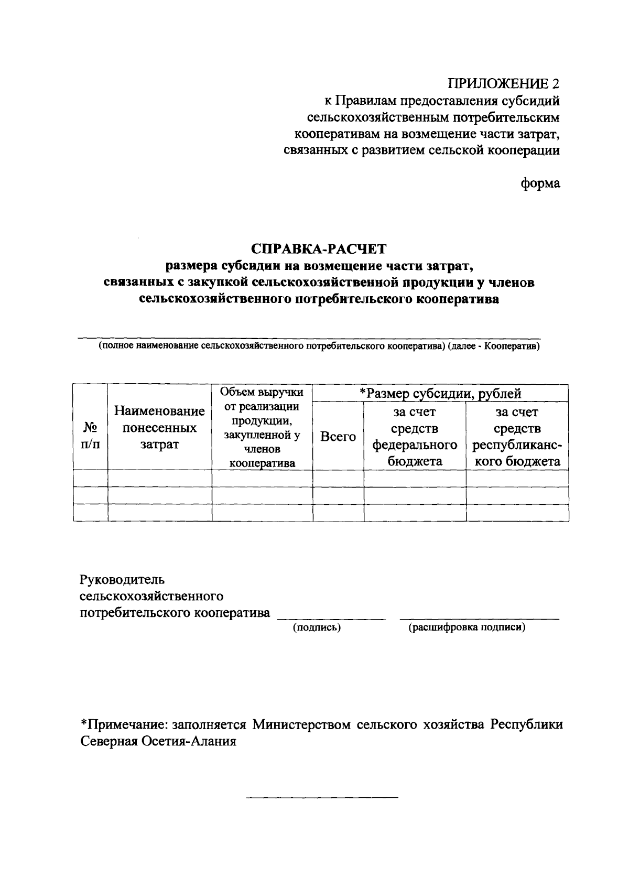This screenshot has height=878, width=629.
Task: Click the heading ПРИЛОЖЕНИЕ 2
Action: coord(504,84)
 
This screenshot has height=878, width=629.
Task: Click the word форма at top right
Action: coord(540,183)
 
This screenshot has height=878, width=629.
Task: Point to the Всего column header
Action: coord(338,436)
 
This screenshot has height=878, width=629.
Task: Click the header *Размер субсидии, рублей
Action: coord(440,393)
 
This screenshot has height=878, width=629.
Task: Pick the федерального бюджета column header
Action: coord(415,437)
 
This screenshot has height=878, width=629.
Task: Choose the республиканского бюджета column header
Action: coord(517,437)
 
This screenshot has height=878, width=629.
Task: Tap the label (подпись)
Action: coord(317,627)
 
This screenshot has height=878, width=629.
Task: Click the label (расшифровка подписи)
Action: coord(467,627)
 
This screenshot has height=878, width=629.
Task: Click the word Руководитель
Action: coord(122,580)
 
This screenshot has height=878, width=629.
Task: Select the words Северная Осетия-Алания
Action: coord(158,742)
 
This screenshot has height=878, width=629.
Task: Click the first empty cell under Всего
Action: coord(338,478)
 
